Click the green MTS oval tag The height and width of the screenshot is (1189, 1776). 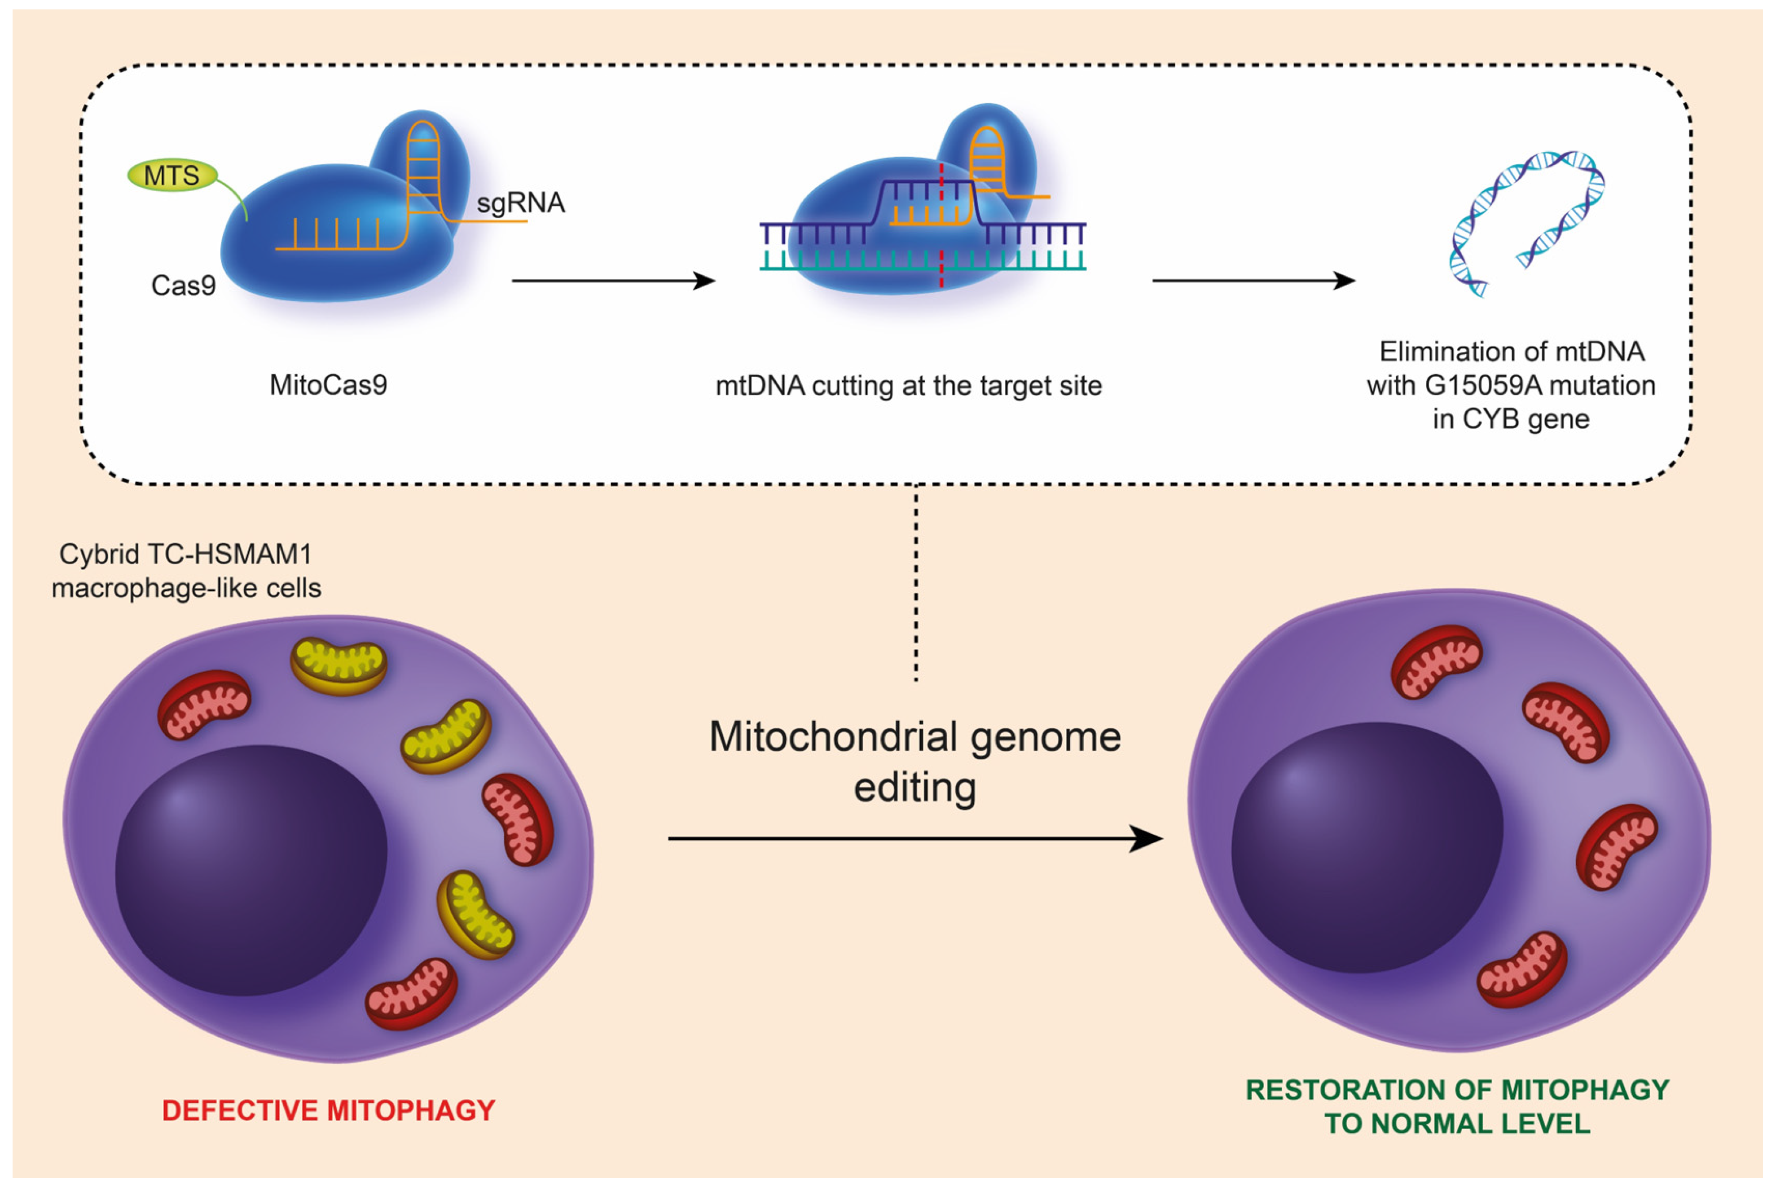tap(172, 175)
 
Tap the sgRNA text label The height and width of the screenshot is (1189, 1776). tap(521, 203)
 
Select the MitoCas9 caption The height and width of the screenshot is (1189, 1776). tap(328, 385)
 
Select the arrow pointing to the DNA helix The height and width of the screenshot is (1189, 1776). tap(1254, 281)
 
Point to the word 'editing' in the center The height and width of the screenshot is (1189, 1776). tap(915, 788)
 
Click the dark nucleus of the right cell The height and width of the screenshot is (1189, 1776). tap(1367, 847)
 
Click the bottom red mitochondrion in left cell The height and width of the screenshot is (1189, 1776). tap(412, 993)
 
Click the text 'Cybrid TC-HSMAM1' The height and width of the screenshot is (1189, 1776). tap(186, 554)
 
